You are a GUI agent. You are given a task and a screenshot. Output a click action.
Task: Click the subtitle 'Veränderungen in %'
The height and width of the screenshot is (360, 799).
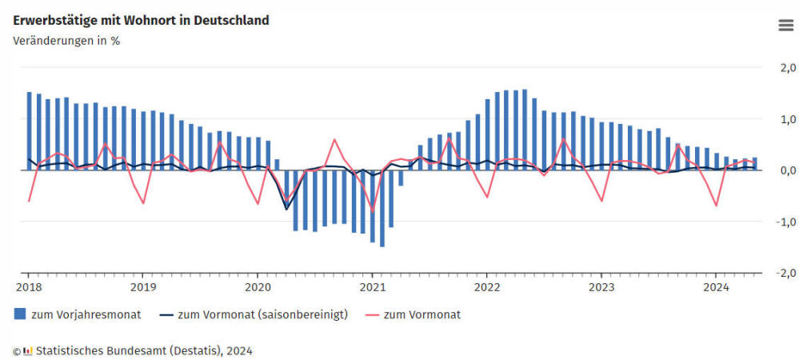tap(66, 41)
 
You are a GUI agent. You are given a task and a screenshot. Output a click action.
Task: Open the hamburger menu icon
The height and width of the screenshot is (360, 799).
tap(785, 25)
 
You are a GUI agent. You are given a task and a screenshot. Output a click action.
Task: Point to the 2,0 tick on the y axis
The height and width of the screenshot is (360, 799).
tap(787, 68)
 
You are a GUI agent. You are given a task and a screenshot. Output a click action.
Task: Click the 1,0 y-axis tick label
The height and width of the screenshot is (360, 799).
tap(787, 119)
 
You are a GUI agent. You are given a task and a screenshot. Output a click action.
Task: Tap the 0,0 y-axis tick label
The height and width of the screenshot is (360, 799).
tap(787, 170)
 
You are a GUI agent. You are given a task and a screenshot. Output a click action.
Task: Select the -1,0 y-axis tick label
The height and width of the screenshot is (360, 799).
tap(785, 222)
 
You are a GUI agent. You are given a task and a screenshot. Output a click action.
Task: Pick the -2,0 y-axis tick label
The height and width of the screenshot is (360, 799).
tap(785, 273)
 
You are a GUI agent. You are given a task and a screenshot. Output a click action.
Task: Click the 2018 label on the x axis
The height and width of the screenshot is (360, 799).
tap(28, 286)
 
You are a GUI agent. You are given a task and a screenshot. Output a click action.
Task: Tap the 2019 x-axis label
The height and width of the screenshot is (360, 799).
tap(142, 286)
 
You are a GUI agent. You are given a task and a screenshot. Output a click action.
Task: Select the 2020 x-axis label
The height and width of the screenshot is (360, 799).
tap(258, 286)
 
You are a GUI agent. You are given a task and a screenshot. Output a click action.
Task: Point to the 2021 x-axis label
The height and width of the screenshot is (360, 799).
tap(372, 286)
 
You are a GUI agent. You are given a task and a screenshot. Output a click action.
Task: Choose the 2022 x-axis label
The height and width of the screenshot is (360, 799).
tap(487, 286)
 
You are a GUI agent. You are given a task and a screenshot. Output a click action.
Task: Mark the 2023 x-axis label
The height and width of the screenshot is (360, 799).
tap(601, 286)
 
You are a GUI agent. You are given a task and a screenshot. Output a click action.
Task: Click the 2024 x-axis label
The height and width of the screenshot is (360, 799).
tap(716, 286)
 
